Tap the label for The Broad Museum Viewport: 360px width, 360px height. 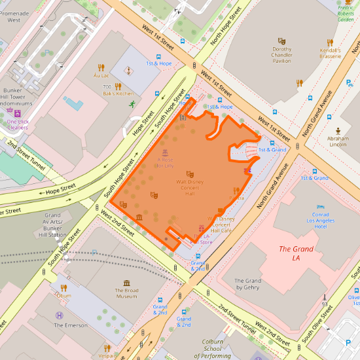[126, 293]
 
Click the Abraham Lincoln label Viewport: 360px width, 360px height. [338, 142]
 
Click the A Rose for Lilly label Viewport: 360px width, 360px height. [165, 162]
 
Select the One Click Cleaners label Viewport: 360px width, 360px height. [18, 124]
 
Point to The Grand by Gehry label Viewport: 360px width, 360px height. [248, 284]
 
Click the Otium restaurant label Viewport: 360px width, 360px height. [64, 295]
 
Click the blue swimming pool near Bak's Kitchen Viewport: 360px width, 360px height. [73, 103]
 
